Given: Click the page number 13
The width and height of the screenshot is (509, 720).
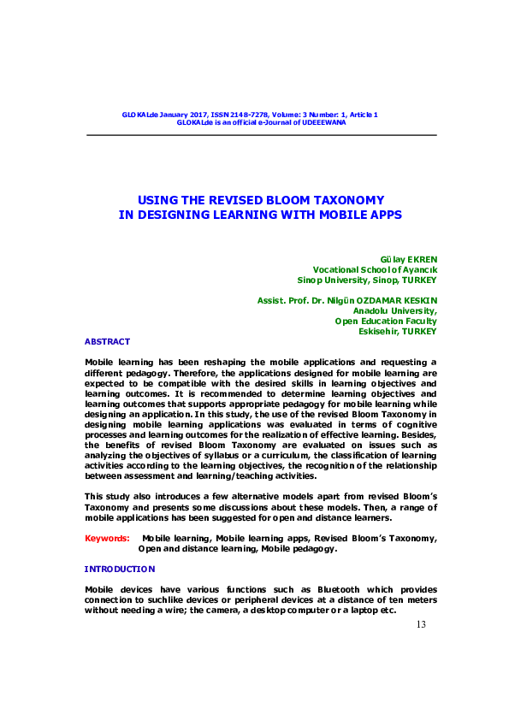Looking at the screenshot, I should tap(420, 625).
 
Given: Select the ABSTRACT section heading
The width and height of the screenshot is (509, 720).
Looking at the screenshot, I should tap(107, 340).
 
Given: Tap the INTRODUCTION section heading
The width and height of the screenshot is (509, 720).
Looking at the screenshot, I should tap(120, 569).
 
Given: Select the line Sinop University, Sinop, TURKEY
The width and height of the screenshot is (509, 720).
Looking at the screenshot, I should tap(367, 280).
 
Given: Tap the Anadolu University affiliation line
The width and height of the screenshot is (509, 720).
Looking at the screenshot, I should tap(395, 311).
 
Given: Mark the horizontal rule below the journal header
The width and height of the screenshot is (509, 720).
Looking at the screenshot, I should tap(261, 134).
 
